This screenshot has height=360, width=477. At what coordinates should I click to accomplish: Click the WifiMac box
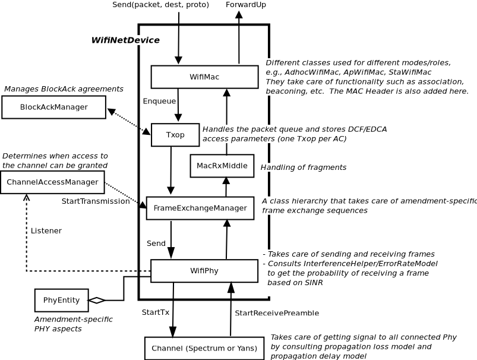click(x=204, y=77)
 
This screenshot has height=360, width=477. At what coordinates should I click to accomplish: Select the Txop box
click(x=175, y=135)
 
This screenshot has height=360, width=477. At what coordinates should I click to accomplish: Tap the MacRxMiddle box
click(x=222, y=166)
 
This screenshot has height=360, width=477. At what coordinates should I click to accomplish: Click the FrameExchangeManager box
click(x=200, y=208)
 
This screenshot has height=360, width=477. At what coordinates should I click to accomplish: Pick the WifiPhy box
click(x=204, y=271)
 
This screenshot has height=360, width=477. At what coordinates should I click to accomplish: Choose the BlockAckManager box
click(x=53, y=107)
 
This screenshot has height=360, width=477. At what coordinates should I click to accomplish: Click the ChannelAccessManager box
click(x=52, y=182)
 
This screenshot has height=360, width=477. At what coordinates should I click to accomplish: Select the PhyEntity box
click(x=61, y=300)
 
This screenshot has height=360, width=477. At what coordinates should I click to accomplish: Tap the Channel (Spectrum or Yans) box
click(x=204, y=348)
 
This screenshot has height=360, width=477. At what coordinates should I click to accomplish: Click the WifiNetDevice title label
click(x=125, y=40)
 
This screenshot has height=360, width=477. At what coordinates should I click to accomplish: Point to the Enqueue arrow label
click(x=159, y=102)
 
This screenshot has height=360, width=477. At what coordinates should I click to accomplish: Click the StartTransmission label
click(x=95, y=201)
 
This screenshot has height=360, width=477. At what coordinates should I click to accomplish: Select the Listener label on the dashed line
click(x=46, y=230)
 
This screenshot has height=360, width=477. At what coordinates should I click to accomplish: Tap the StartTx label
click(x=155, y=312)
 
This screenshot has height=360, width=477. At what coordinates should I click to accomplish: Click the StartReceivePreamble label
click(x=277, y=313)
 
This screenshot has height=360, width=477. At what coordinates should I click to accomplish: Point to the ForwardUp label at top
click(x=246, y=5)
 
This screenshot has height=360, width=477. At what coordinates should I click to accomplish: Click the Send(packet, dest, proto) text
click(x=160, y=5)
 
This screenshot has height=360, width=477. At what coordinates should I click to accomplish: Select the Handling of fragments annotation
click(x=303, y=168)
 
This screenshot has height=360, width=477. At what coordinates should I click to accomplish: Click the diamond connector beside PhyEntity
click(x=97, y=300)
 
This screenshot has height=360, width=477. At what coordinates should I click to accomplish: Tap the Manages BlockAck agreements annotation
click(x=64, y=89)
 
